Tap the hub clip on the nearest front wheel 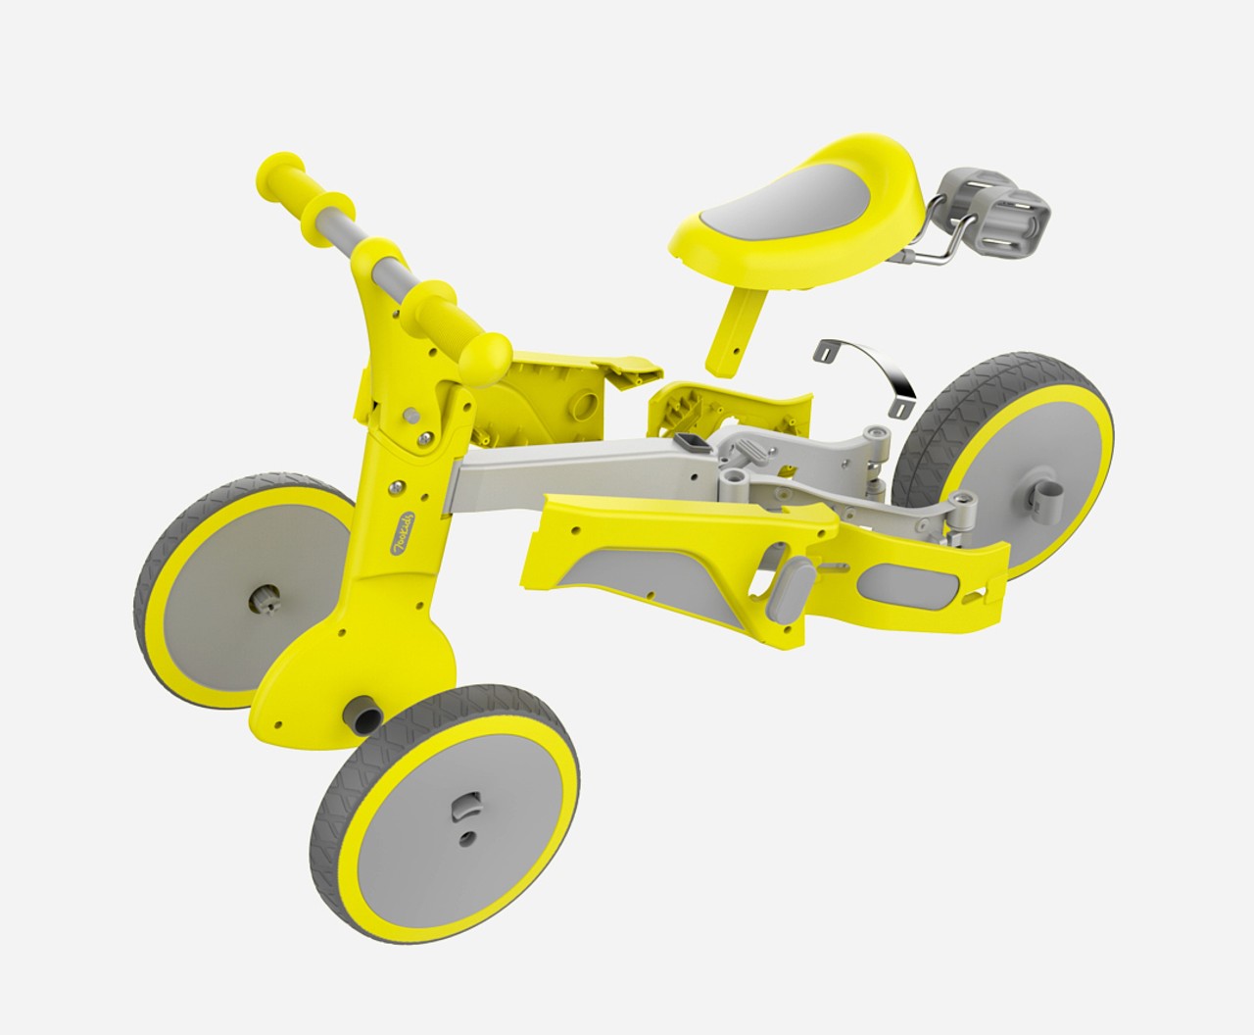click(460, 811)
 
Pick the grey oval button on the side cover click(791, 588)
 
